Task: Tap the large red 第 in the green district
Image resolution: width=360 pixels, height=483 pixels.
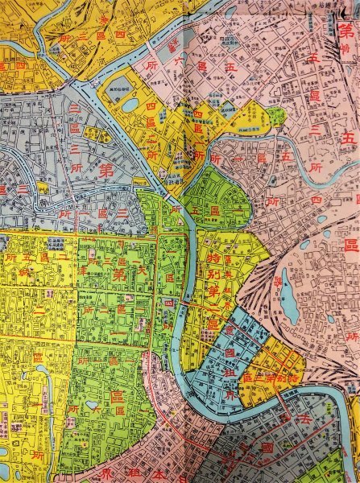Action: tap(121, 275)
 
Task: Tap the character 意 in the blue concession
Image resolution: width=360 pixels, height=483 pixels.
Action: tap(230, 330)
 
